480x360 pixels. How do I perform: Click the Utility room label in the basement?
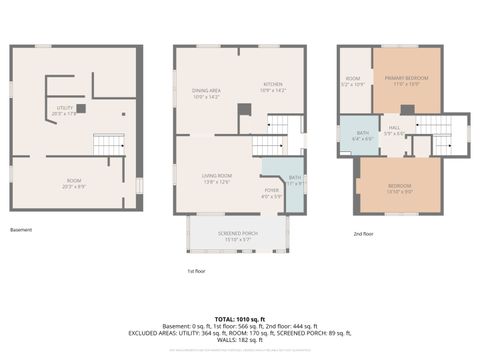[x=64, y=111]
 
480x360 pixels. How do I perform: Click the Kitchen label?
[x=273, y=87]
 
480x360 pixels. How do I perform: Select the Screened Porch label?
[x=238, y=237]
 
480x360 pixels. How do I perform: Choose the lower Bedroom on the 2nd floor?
[x=400, y=189]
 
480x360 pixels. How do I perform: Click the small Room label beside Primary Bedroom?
[x=353, y=81]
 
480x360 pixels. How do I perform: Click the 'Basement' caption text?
[x=21, y=230]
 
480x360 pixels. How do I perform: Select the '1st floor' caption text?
[x=197, y=271]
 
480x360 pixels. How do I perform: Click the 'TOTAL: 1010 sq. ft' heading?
[x=240, y=317]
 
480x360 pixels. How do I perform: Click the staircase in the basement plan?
[x=108, y=144]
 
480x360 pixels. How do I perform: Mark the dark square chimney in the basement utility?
[x=81, y=108]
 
